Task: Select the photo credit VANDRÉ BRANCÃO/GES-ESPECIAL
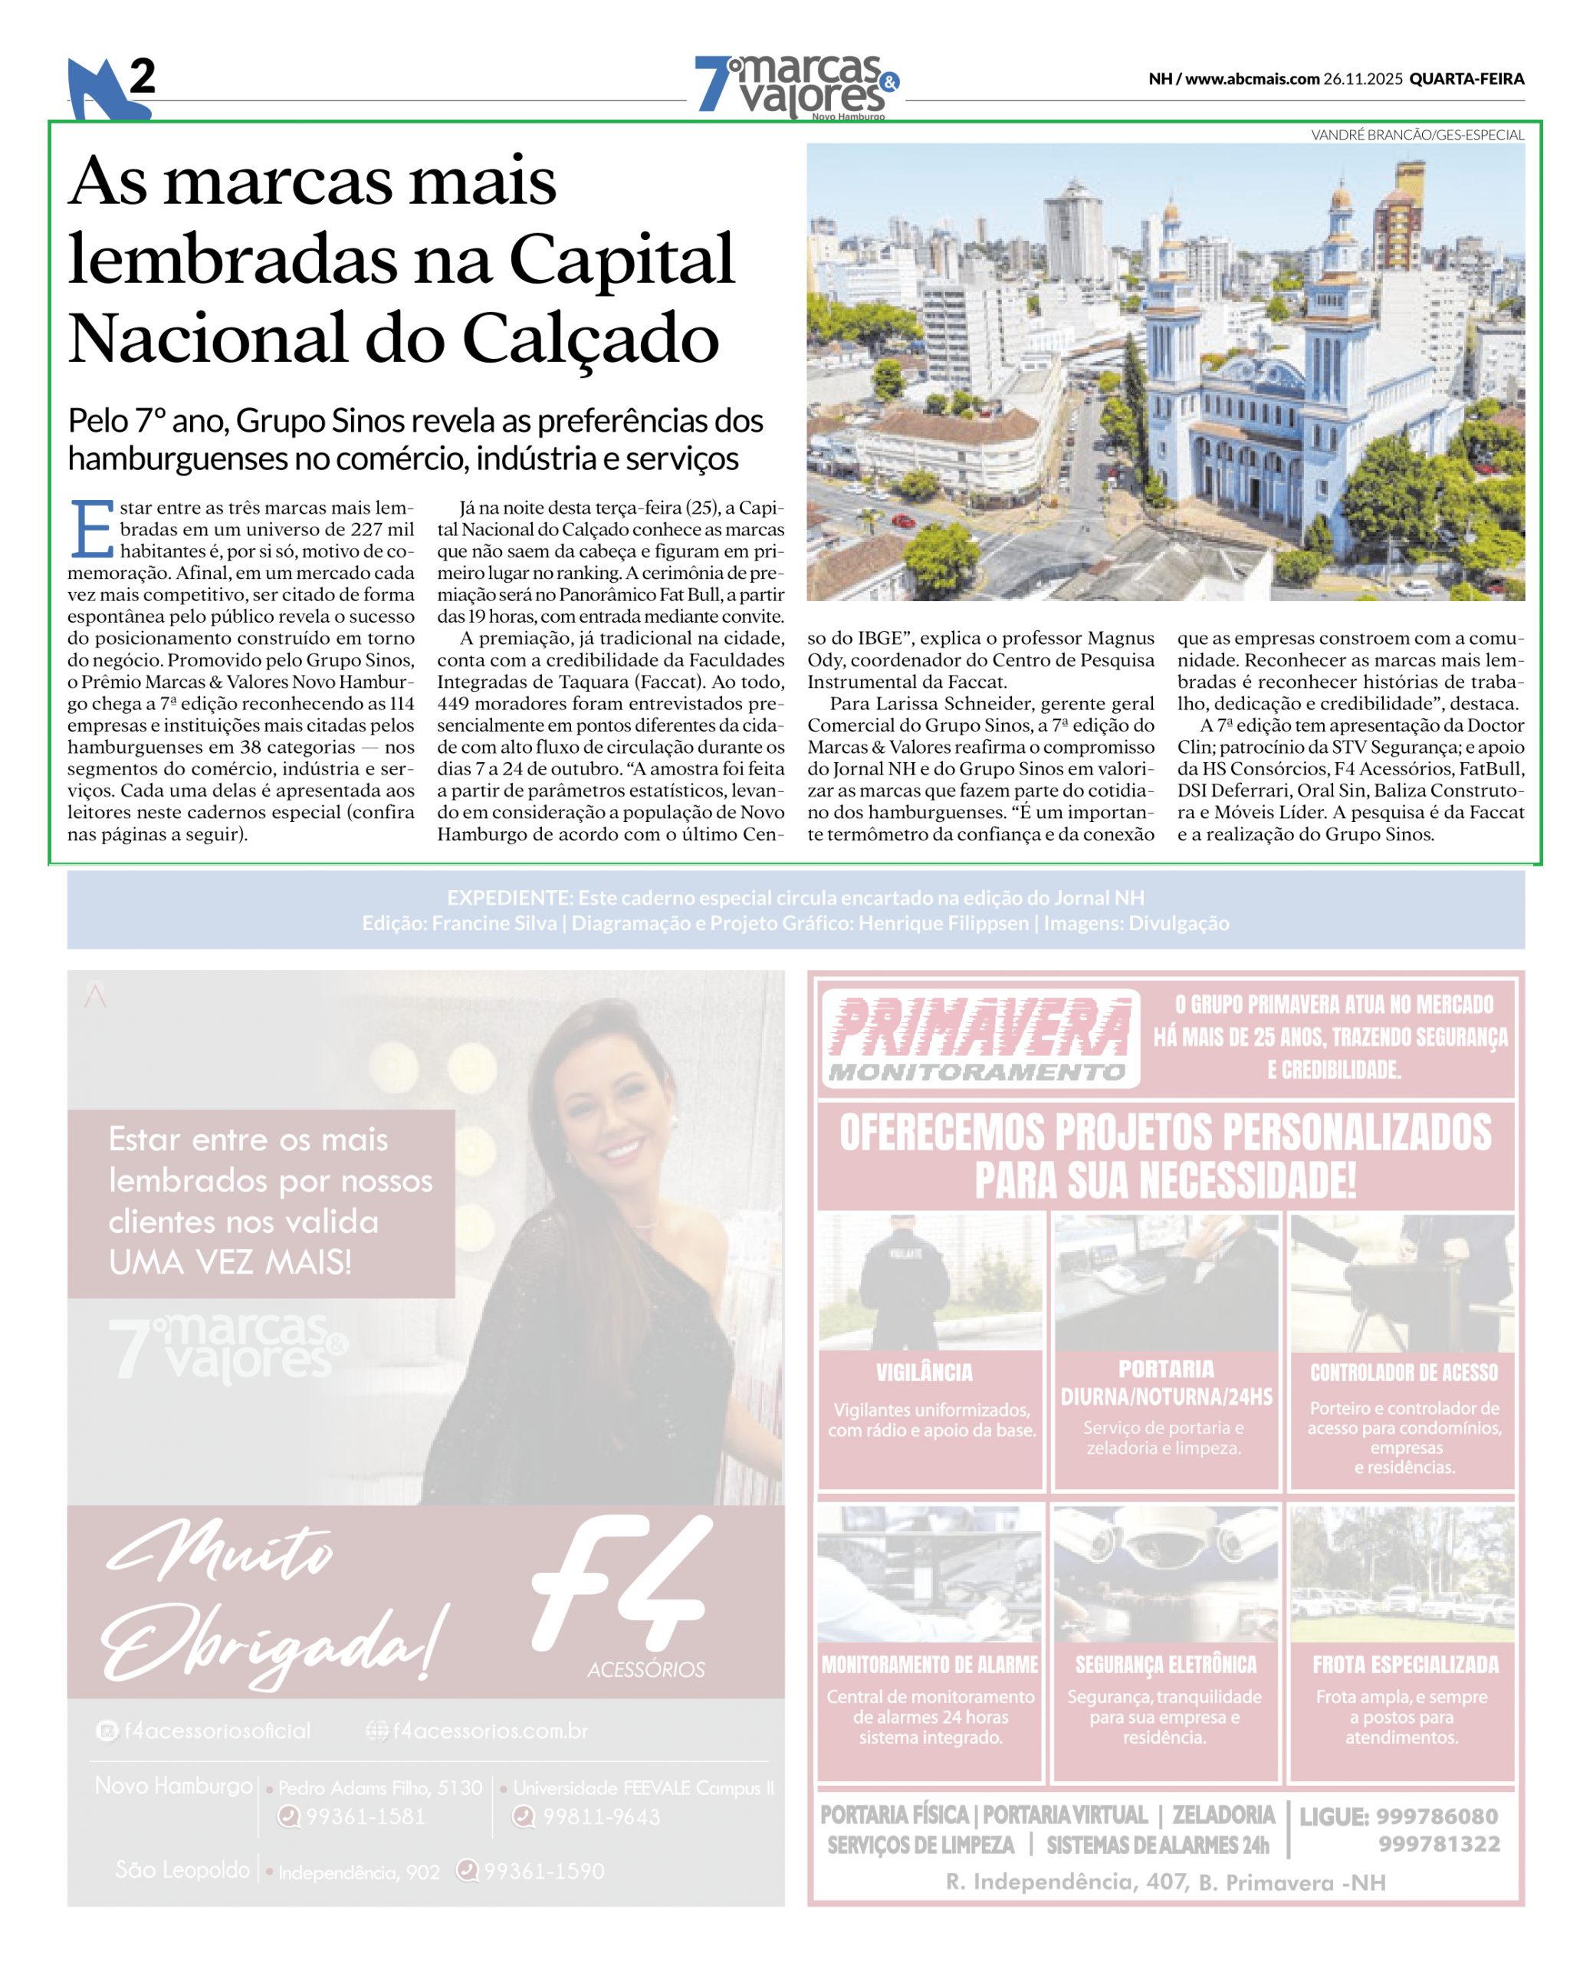click(1417, 135)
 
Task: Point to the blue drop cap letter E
click(92, 530)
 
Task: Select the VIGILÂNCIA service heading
click(924, 1372)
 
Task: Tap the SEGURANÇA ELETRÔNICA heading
click(1165, 1665)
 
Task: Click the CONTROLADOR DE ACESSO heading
click(1403, 1372)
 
